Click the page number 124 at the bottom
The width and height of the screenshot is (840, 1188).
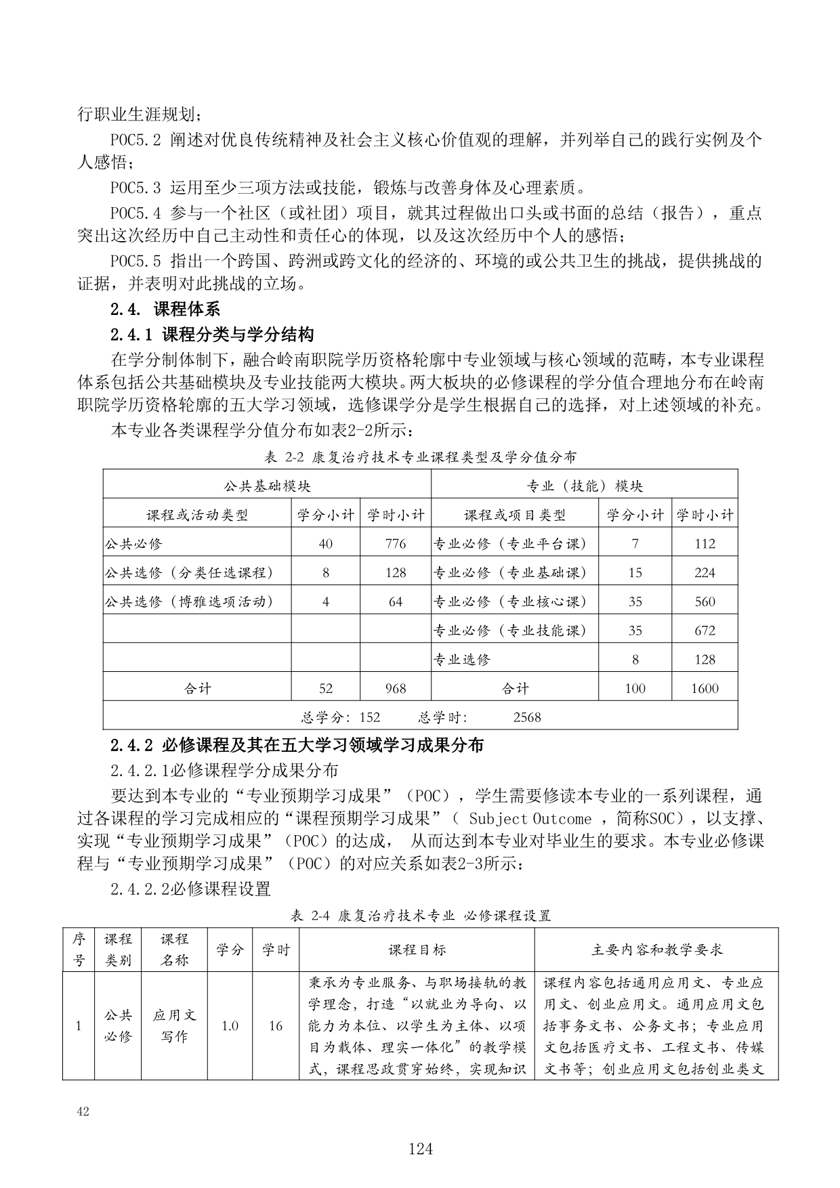pyautogui.click(x=420, y=1149)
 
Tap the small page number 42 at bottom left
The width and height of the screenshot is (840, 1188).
pyautogui.click(x=84, y=1111)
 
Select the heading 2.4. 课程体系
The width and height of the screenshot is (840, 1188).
pyautogui.click(x=165, y=310)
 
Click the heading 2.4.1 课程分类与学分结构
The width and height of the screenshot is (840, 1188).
pyautogui.click(x=212, y=334)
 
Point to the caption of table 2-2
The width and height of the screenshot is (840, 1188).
pyautogui.click(x=420, y=457)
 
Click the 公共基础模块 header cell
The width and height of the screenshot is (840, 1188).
pyautogui.click(x=267, y=486)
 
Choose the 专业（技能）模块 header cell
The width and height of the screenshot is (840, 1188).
pyautogui.click(x=584, y=486)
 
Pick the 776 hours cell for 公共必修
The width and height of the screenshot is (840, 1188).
pyautogui.click(x=395, y=544)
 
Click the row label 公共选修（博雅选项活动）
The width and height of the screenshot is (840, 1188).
pyautogui.click(x=190, y=601)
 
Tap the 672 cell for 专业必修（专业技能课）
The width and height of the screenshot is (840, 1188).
pyautogui.click(x=705, y=631)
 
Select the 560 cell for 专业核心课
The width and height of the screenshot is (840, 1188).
pyautogui.click(x=705, y=601)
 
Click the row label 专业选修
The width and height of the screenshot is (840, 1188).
pyautogui.click(x=461, y=659)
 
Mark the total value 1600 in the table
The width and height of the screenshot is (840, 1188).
pyautogui.click(x=705, y=688)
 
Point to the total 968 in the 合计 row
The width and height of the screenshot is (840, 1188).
pyautogui.click(x=395, y=688)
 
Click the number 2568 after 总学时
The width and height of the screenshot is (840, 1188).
pyautogui.click(x=527, y=717)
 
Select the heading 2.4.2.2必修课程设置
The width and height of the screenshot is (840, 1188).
pyautogui.click(x=190, y=888)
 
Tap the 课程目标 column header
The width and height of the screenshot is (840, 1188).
pyautogui.click(x=417, y=950)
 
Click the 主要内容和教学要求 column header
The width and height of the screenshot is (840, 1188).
pyautogui.click(x=656, y=950)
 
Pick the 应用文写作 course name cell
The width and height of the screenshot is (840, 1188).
pyautogui.click(x=174, y=1025)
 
